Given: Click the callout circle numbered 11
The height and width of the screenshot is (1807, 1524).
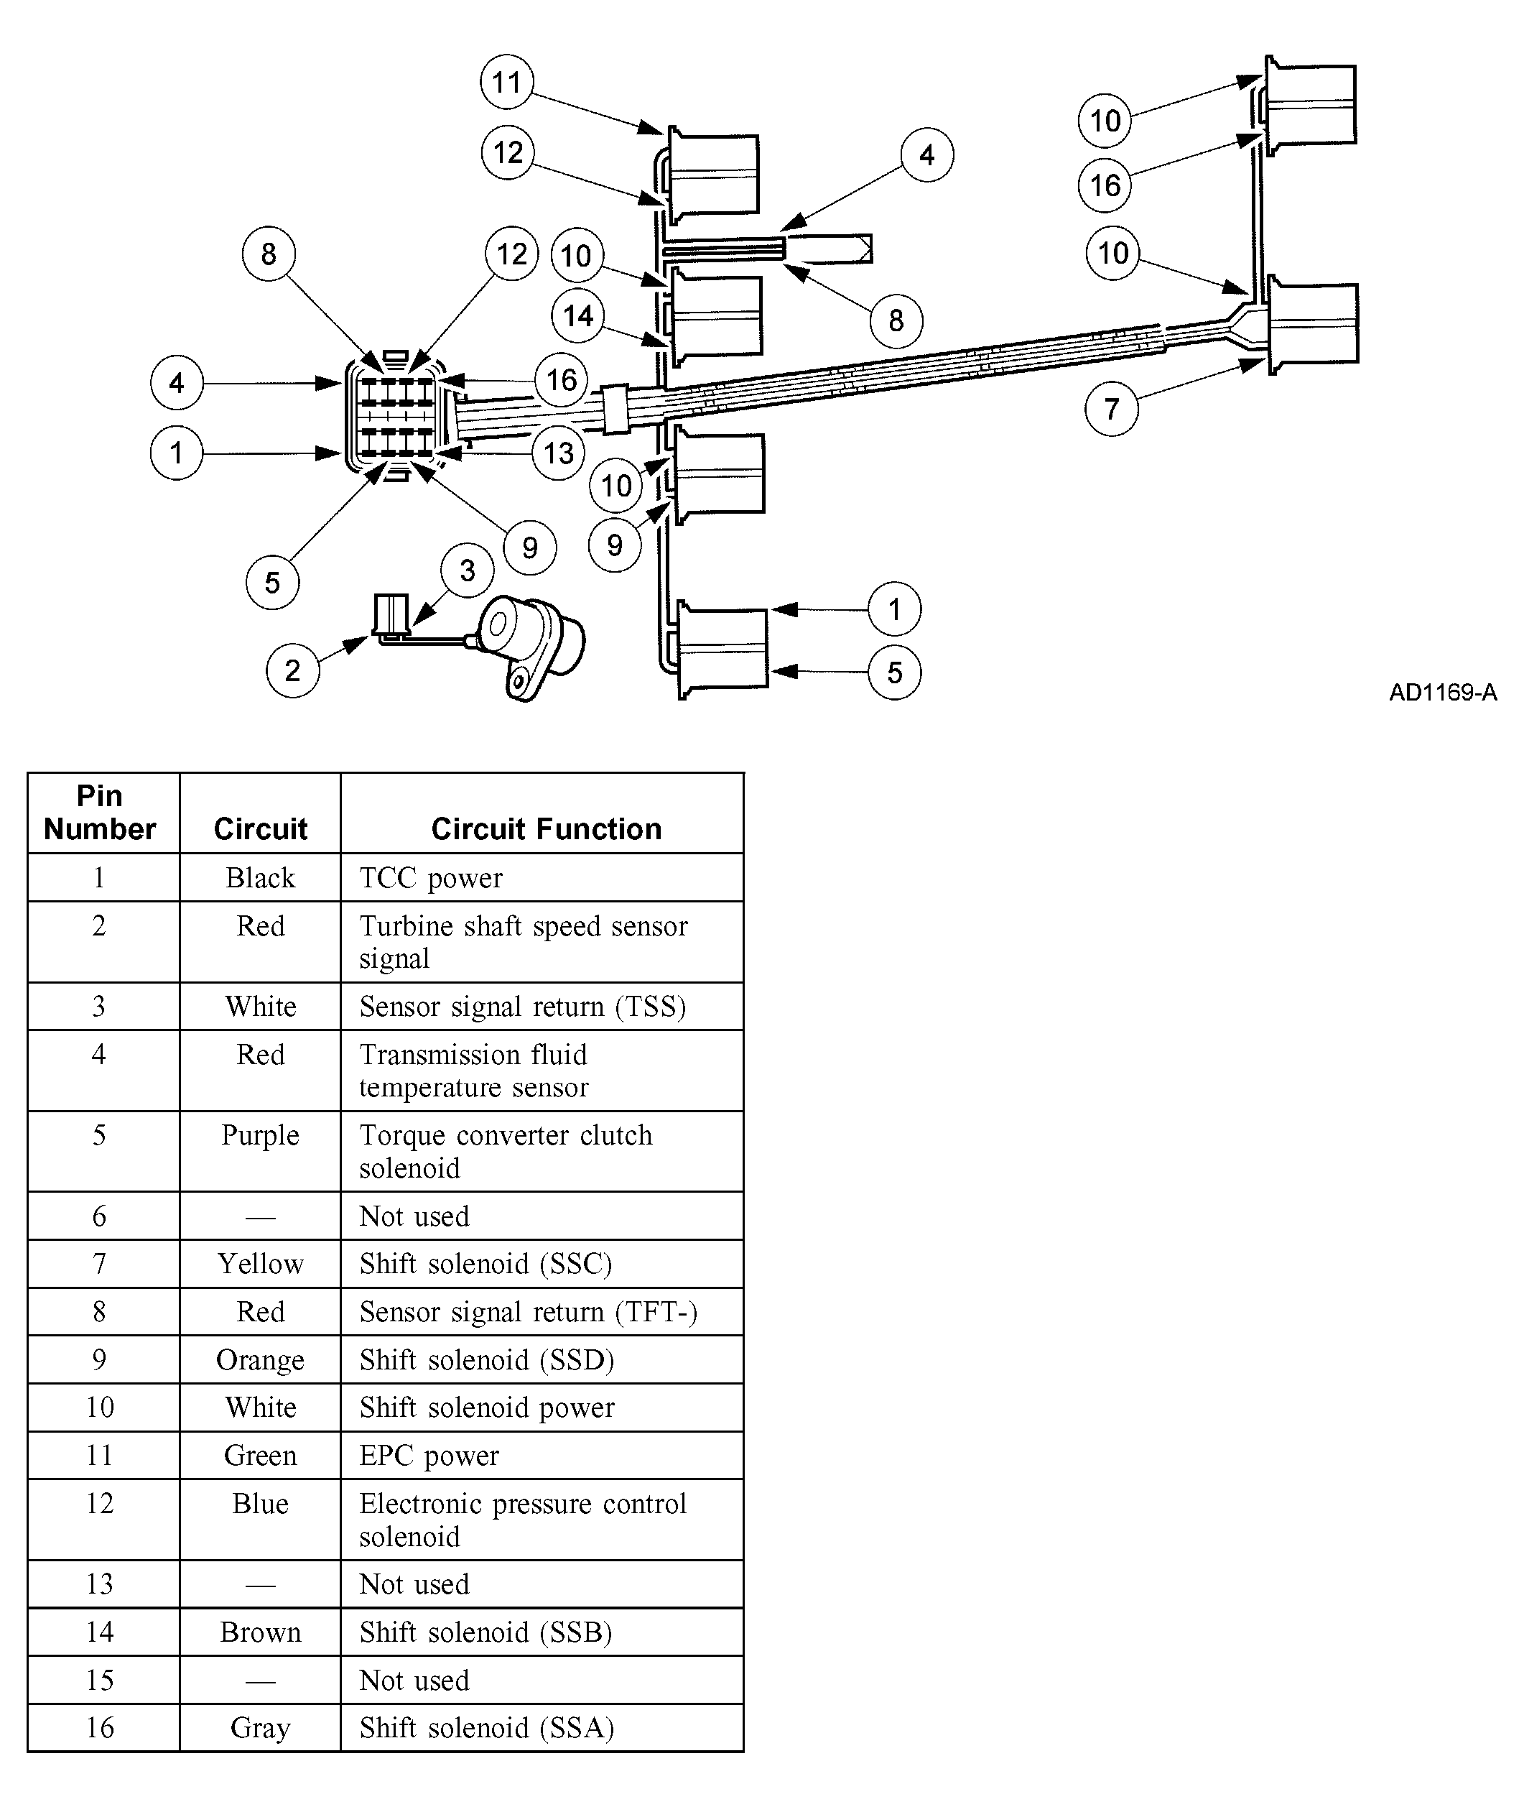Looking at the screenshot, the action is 506,82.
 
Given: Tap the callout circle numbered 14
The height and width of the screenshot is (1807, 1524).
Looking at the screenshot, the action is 578,316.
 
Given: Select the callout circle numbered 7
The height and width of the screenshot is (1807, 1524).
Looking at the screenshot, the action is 1112,409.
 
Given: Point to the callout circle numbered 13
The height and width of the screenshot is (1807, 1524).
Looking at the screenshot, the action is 559,453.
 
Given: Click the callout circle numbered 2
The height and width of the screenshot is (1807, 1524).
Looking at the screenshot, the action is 293,670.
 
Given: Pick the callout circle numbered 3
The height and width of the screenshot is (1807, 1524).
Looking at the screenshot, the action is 468,570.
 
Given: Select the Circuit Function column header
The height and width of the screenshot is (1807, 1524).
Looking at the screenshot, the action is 546,828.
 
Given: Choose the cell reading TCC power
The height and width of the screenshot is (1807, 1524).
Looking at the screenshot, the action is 431,878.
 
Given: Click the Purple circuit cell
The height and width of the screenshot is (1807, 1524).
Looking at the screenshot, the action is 260,1135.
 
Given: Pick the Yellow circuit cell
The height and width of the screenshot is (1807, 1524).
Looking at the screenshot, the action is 260,1265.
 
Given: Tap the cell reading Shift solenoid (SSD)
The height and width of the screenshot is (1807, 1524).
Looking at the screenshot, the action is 486,1360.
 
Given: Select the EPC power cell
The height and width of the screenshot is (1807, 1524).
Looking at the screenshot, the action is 429,1456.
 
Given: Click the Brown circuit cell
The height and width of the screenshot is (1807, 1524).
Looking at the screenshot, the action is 260,1632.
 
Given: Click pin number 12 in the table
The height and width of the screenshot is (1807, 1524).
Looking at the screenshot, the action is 99,1504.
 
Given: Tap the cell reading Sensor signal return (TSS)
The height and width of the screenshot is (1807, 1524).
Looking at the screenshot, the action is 523,1007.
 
